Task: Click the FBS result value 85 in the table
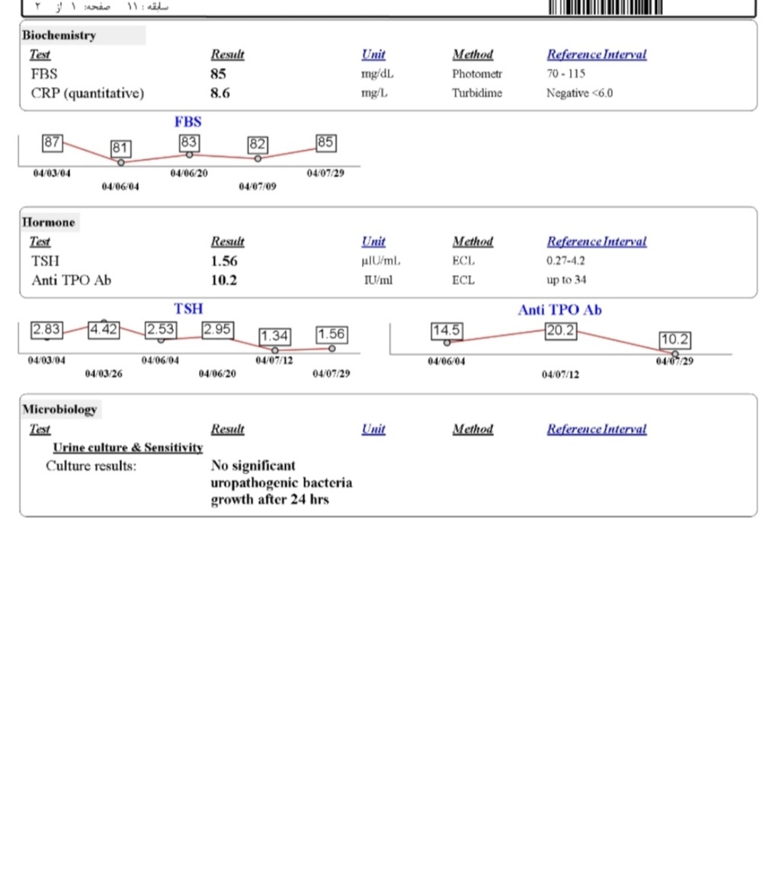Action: pos(218,75)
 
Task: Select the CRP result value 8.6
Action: pos(220,93)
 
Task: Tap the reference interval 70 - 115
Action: pos(565,75)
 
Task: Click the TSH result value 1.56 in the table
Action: pos(224,261)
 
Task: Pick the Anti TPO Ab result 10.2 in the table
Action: pos(223,280)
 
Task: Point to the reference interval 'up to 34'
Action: pos(566,280)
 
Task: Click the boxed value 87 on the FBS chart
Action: pos(53,142)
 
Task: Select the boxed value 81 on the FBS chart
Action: pos(120,148)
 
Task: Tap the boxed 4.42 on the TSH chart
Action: pos(104,330)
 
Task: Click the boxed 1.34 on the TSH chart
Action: pos(274,336)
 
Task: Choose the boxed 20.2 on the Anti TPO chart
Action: pos(560,331)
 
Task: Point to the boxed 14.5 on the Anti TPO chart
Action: pos(446,331)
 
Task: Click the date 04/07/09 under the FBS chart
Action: pos(258,187)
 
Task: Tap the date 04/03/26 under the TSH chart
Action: pos(103,374)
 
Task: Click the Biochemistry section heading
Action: pos(59,35)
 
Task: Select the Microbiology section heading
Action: pos(59,409)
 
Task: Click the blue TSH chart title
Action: pos(188,309)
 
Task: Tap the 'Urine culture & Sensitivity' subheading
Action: pos(127,447)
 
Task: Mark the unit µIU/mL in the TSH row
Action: pos(380,261)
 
